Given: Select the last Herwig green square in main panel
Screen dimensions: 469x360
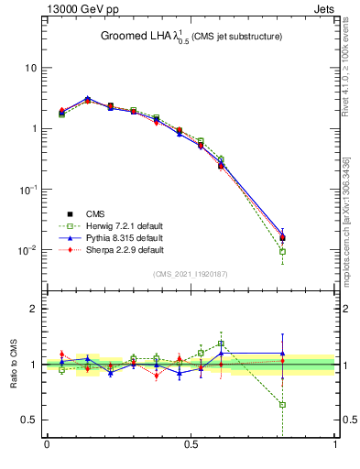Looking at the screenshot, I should pyautogui.click(x=282, y=251).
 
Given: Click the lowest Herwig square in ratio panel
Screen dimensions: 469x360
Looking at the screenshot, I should pyautogui.click(x=282, y=405).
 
